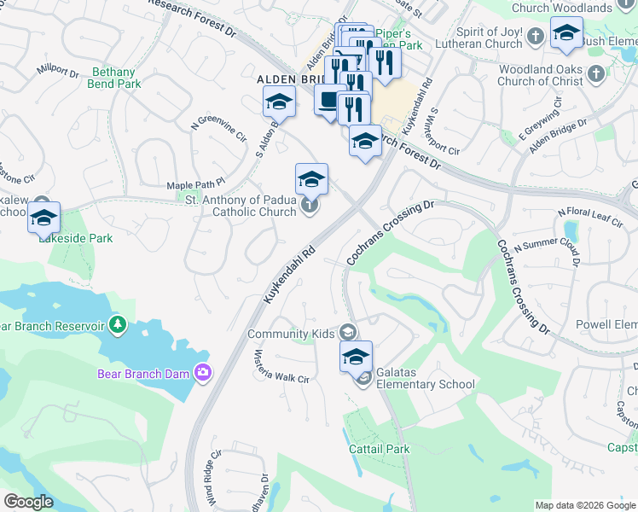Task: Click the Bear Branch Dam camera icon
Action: tap(203, 371)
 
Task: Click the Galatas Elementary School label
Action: tap(426, 384)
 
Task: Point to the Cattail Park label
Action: tap(379, 449)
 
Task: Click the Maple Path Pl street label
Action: tap(195, 183)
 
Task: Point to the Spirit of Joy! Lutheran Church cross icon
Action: tap(535, 37)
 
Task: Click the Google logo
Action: tap(29, 502)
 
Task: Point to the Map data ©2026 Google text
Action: tap(585, 505)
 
